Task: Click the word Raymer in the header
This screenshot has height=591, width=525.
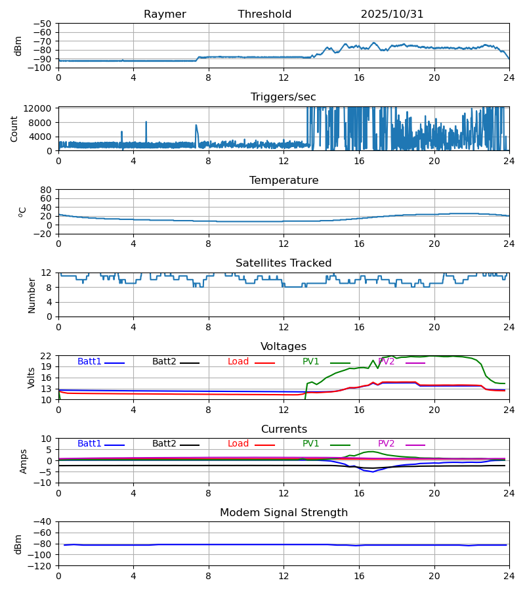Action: tap(165, 14)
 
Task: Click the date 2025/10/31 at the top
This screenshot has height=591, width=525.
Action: tap(392, 14)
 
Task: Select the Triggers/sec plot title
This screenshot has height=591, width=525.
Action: tap(283, 97)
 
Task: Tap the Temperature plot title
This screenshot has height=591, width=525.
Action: tap(283, 181)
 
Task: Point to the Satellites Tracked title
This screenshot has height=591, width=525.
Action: tap(283, 263)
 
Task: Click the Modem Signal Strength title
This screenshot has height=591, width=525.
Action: tap(283, 513)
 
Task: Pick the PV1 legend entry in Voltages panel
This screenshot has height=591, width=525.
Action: tap(311, 362)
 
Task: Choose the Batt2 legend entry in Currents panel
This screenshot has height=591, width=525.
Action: tap(164, 444)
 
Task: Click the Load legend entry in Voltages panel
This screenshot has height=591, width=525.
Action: tap(238, 362)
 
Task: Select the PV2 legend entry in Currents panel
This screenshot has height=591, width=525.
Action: tap(387, 444)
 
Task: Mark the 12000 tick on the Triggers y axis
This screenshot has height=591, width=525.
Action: tap(41, 108)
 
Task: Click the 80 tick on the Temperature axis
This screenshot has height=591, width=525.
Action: tap(47, 190)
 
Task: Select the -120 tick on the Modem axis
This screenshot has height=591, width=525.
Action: tap(41, 566)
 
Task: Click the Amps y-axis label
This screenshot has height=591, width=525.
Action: tap(24, 461)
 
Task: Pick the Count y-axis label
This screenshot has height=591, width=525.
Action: tap(14, 129)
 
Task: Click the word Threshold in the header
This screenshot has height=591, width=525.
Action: tap(264, 14)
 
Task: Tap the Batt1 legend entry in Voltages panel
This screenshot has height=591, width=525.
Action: tap(90, 362)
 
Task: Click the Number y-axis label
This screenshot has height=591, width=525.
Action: tap(32, 295)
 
